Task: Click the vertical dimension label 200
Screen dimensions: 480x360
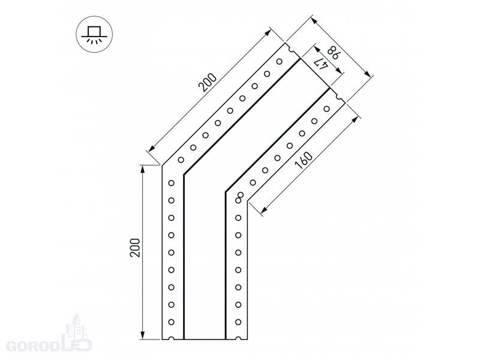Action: pos(135,248)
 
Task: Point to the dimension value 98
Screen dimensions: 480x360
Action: pos(333,53)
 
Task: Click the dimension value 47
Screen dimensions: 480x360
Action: pos(321,64)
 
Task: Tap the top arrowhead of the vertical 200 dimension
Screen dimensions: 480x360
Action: pos(142,169)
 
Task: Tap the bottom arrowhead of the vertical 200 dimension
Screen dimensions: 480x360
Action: pos(142,335)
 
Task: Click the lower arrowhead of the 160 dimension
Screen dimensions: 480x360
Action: pos(264,209)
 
